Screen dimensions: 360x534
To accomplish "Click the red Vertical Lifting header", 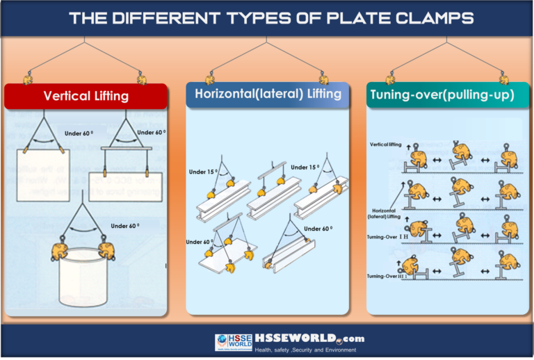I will [x=86, y=96].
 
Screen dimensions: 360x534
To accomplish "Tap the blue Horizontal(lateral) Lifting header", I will [x=267, y=94].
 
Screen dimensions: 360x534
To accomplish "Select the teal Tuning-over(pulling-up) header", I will [x=442, y=95].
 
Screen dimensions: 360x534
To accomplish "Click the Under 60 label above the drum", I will [x=125, y=226].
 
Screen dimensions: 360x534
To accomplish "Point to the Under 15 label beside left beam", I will [x=202, y=172].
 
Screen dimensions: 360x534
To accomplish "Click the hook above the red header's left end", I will [x=28, y=78].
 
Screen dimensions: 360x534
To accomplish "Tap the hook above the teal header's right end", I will [x=503, y=78].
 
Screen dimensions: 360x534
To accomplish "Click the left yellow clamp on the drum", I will [x=58, y=251].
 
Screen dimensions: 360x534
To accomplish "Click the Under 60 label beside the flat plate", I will [x=200, y=242].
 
